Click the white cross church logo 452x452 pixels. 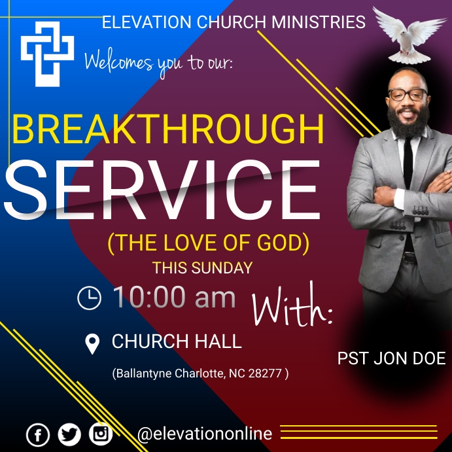[48, 54]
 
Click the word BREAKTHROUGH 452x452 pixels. [168, 130]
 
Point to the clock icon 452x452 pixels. [90, 298]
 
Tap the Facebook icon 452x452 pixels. [38, 435]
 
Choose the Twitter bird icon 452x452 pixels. [69, 434]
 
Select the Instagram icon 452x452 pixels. [101, 434]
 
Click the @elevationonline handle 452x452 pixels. [205, 434]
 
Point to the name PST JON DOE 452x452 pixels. [391, 358]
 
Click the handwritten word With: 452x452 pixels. [292, 306]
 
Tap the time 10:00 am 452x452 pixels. [174, 298]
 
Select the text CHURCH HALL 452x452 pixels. [177, 341]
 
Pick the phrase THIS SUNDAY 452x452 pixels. [202, 268]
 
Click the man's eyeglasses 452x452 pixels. [406, 94]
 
